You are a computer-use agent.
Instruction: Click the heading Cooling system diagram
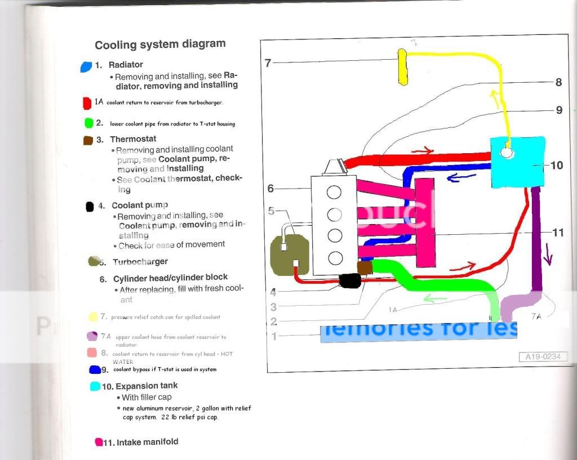pyautogui.click(x=160, y=44)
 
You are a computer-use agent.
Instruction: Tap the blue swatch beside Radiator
pyautogui.click(x=86, y=66)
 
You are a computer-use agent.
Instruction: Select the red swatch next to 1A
pyautogui.click(x=86, y=103)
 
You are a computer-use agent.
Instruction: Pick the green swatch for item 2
pyautogui.click(x=88, y=123)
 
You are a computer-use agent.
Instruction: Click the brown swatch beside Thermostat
pyautogui.click(x=88, y=140)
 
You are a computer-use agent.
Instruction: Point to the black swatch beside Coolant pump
pyautogui.click(x=89, y=207)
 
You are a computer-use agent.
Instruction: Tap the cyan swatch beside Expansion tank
pyautogui.click(x=95, y=387)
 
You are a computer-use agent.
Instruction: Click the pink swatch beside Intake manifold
pyautogui.click(x=99, y=442)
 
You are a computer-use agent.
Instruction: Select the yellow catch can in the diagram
pyautogui.click(x=402, y=66)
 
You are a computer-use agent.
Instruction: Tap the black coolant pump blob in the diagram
pyautogui.click(x=350, y=280)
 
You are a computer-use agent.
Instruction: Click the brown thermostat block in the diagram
pyautogui.click(x=365, y=268)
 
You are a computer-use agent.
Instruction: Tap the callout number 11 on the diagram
pyautogui.click(x=558, y=232)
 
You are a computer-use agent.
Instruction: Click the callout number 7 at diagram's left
pyautogui.click(x=268, y=62)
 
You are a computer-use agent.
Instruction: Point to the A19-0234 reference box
pyautogui.click(x=543, y=356)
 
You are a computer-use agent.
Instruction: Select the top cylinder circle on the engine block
pyautogui.click(x=335, y=193)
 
